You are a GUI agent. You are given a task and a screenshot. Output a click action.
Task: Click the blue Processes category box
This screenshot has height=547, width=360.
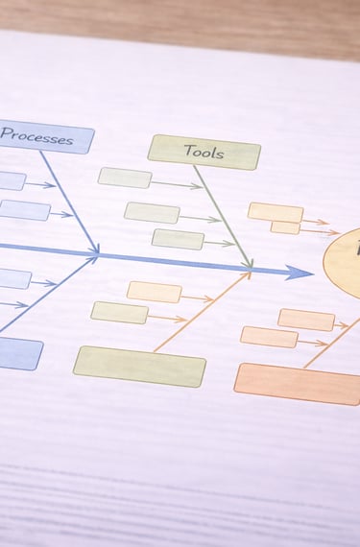click(44, 138)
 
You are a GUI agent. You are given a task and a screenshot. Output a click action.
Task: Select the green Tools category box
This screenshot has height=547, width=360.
click(204, 152)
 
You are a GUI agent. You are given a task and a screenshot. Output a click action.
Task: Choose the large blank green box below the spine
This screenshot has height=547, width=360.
click(139, 366)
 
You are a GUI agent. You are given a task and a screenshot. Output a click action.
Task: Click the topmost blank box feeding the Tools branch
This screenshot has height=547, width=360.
click(125, 178)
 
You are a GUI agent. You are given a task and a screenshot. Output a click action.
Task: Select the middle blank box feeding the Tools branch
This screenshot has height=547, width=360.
click(152, 212)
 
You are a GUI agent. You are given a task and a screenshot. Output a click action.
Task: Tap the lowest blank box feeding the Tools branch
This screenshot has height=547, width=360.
click(178, 239)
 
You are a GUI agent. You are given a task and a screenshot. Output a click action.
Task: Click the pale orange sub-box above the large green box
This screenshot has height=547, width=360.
click(155, 292)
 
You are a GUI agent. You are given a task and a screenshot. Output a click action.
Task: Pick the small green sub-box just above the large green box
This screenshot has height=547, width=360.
click(120, 312)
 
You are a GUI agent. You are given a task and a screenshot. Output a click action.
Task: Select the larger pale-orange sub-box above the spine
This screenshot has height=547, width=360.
click(276, 212)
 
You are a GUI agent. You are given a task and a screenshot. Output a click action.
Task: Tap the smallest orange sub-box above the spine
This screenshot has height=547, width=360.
click(285, 227)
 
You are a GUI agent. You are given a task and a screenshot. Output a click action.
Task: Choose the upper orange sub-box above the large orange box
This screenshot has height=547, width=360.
click(306, 319)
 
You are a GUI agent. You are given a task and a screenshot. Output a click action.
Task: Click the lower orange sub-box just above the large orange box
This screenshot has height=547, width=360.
click(269, 336)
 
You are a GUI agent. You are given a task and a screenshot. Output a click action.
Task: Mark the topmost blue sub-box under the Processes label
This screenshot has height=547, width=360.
click(10, 180)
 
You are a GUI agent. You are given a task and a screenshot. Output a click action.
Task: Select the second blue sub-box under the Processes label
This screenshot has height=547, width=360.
click(23, 210)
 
